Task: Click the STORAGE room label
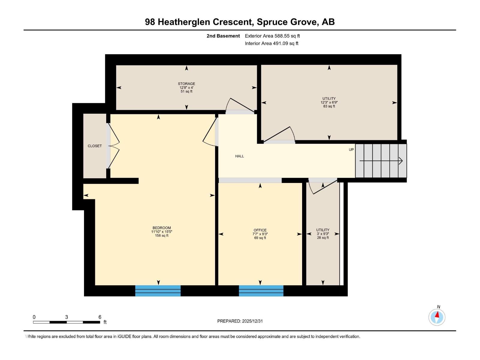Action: pyautogui.click(x=186, y=84)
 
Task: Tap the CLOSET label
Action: pyautogui.click(x=94, y=146)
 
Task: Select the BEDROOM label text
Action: pyautogui.click(x=161, y=228)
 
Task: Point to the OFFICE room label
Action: pyautogui.click(x=260, y=230)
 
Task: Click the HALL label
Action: pyautogui.click(x=239, y=156)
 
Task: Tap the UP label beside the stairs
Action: pyautogui.click(x=351, y=149)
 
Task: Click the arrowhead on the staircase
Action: pyautogui.click(x=400, y=161)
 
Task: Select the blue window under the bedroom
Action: pyautogui.click(x=158, y=291)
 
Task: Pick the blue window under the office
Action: pyautogui.click(x=261, y=291)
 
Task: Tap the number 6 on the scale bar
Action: pyautogui.click(x=100, y=317)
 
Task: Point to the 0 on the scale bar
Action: pyautogui.click(x=34, y=317)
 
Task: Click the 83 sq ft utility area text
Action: pyautogui.click(x=329, y=106)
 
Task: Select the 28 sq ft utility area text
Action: pyautogui.click(x=323, y=238)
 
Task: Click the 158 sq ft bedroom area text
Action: pyautogui.click(x=161, y=235)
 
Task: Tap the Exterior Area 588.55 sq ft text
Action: pyautogui.click(x=272, y=36)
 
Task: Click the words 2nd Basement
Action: pyautogui.click(x=223, y=36)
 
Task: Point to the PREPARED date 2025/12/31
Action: pyautogui.click(x=240, y=321)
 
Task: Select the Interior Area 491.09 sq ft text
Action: pyautogui.click(x=271, y=43)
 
